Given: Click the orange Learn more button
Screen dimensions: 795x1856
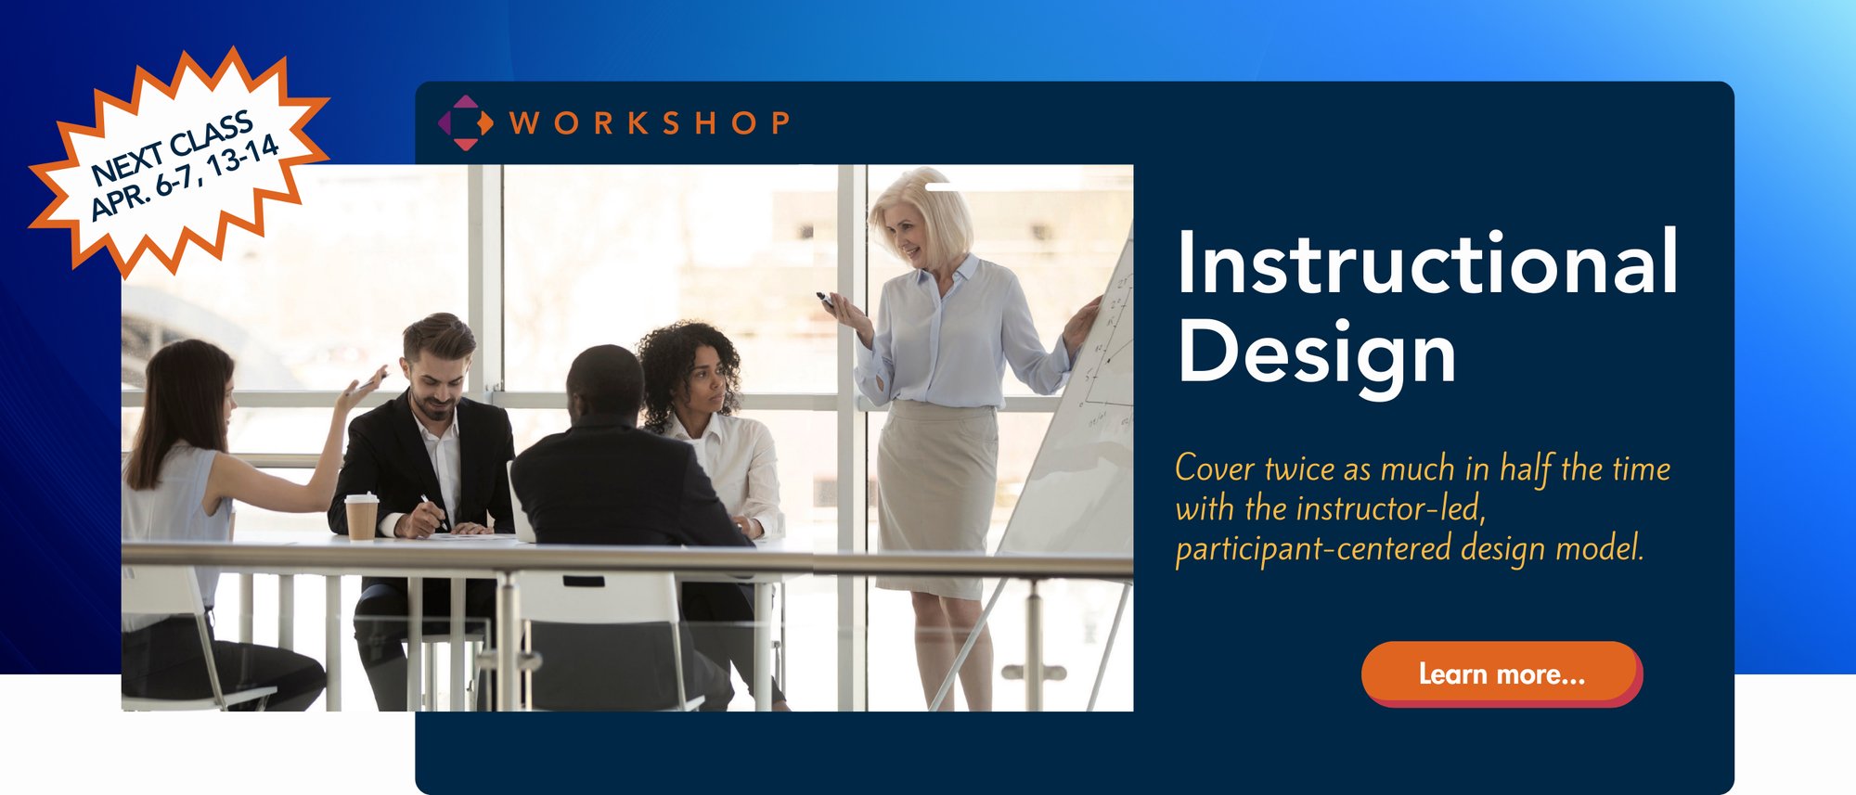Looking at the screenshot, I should (x=1501, y=674).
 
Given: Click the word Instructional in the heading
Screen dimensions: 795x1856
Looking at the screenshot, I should (x=1427, y=263).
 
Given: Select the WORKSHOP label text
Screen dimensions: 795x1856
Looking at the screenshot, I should (x=650, y=123).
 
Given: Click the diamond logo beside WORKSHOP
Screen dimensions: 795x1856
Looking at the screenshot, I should (x=465, y=122).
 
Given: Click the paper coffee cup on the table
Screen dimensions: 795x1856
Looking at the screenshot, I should (x=361, y=516).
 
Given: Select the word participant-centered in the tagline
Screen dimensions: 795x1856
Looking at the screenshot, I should (x=1312, y=549).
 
